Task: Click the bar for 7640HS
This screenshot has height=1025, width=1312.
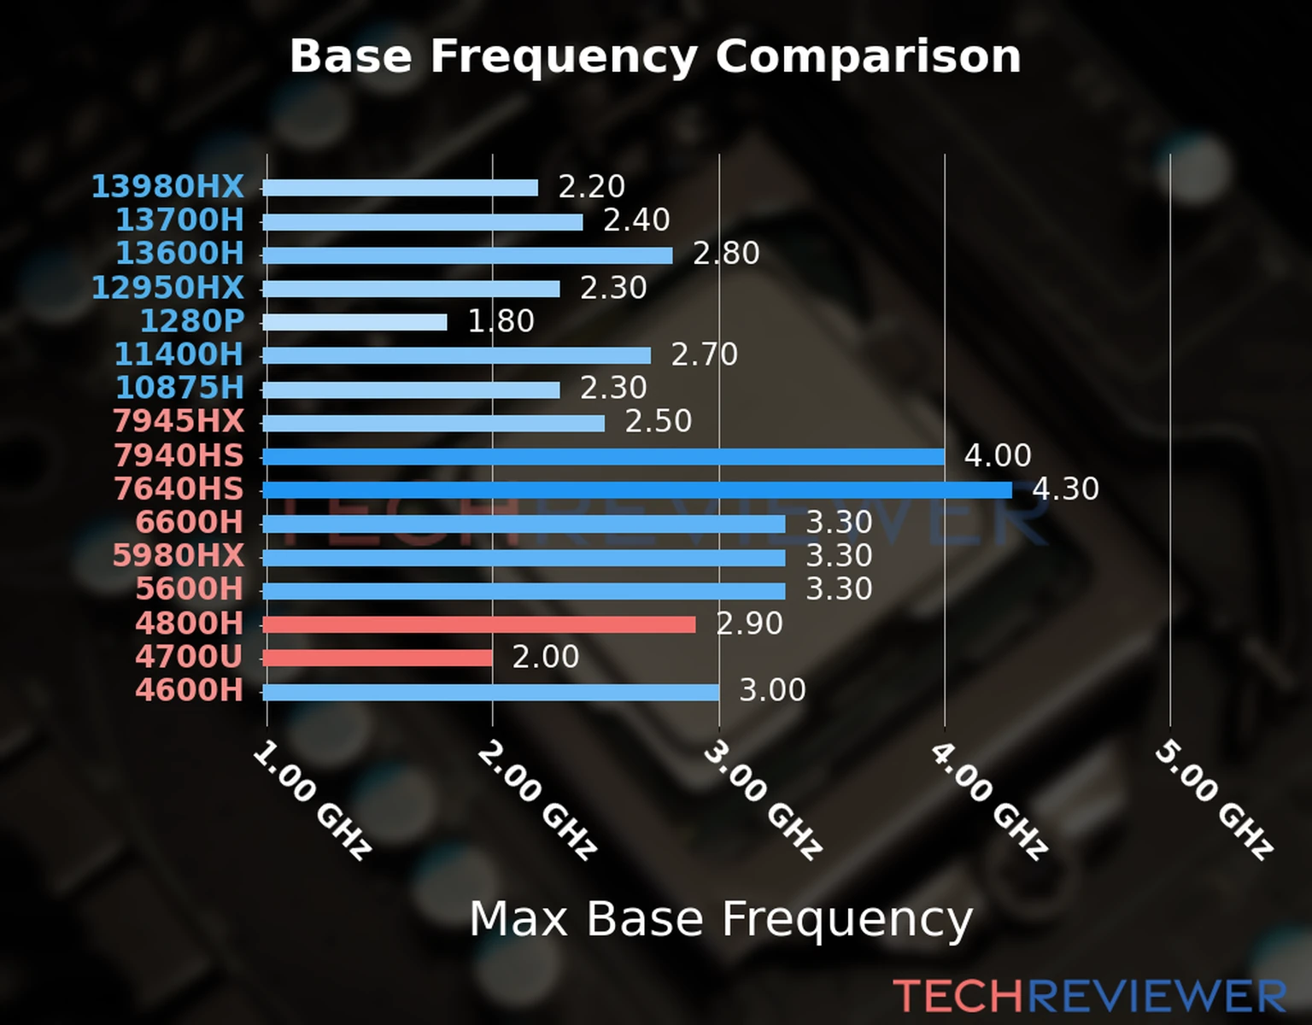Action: [x=636, y=490]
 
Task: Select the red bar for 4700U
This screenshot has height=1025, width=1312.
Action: [x=378, y=658]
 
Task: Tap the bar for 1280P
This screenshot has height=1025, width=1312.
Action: [x=354, y=322]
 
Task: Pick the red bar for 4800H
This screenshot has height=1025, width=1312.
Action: [x=478, y=624]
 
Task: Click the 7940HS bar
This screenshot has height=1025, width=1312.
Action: [x=603, y=457]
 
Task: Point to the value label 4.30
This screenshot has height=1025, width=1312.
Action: [x=1065, y=489]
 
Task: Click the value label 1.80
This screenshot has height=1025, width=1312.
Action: [x=501, y=322]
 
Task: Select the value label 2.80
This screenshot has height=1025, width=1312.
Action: [x=726, y=254]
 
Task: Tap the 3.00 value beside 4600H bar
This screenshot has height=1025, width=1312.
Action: [x=772, y=690]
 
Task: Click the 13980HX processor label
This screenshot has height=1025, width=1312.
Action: [x=167, y=186]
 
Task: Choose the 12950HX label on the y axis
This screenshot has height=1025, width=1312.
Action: [x=167, y=288]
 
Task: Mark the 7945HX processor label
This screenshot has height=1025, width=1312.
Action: [x=178, y=421]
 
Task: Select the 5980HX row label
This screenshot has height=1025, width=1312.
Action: [x=178, y=556]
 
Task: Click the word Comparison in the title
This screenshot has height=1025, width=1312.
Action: [x=868, y=56]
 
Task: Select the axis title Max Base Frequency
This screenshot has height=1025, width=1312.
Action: [x=721, y=920]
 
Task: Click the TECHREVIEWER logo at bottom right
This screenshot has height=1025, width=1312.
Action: [x=1089, y=997]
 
